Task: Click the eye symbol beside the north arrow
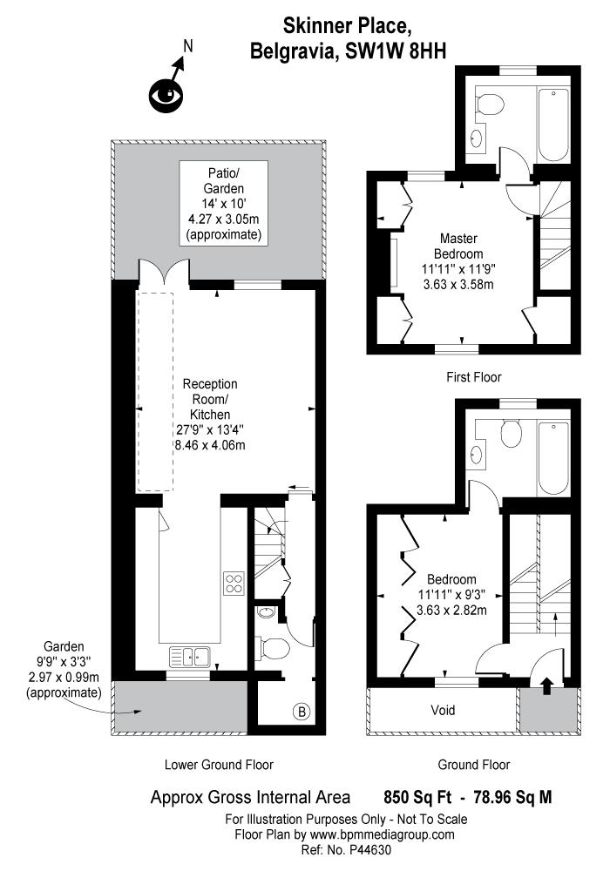pos(165,94)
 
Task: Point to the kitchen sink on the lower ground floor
pos(188,655)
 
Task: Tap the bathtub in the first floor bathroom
pos(553,125)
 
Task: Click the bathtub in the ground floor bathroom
pos(553,457)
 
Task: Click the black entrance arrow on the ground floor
pos(547,685)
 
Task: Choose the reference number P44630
pos(367,847)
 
